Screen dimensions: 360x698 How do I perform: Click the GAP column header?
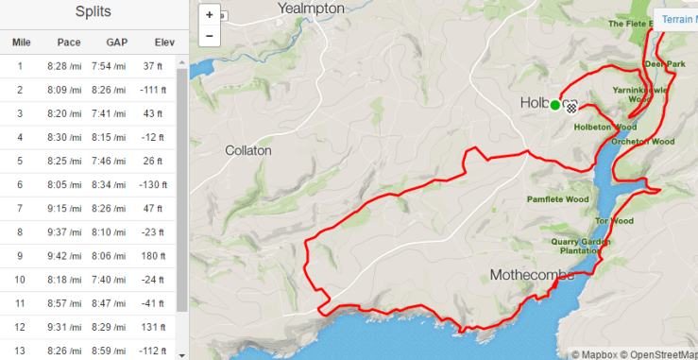tap(116, 42)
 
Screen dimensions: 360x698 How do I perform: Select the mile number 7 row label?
tap(20, 209)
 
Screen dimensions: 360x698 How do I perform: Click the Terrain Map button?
tap(676, 19)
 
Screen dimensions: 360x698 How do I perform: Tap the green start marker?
tap(555, 105)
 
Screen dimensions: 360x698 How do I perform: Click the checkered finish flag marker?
tap(570, 106)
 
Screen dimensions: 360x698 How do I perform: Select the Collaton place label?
tap(248, 150)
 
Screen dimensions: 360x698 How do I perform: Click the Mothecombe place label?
tap(532, 275)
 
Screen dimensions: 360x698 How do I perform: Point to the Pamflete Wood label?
tap(557, 199)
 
